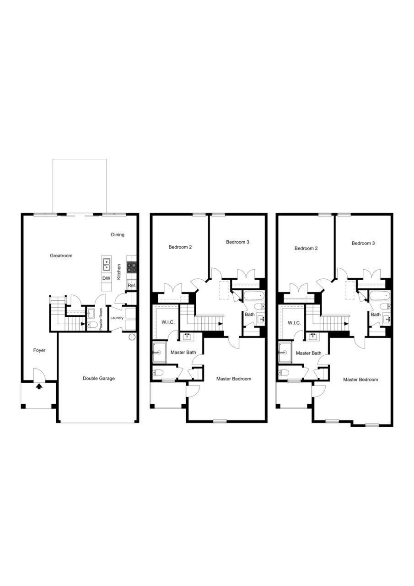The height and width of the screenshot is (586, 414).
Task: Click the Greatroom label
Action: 61,255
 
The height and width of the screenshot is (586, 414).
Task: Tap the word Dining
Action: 118,235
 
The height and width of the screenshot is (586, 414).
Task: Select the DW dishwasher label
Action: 106,278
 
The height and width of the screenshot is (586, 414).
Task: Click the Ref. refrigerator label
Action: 132,286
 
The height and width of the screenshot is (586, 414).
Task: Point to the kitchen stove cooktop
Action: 132,267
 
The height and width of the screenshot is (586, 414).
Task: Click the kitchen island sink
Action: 106,265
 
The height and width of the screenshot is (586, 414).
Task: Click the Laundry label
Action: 117,318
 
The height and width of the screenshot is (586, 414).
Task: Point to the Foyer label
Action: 39,350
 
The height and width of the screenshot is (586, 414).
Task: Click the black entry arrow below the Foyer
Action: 39,386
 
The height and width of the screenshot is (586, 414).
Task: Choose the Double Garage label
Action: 99,378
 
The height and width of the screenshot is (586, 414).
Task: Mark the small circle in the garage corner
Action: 132,337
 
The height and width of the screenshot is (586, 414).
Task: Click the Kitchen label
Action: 119,271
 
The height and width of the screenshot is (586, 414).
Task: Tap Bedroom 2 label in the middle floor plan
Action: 180,247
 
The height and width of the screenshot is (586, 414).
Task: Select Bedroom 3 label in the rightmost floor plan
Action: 363,243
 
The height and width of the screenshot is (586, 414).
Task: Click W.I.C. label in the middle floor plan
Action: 168,322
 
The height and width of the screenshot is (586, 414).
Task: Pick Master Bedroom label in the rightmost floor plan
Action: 360,380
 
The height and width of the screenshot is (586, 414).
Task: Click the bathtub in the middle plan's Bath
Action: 254,295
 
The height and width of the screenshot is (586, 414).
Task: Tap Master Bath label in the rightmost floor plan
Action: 308,353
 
